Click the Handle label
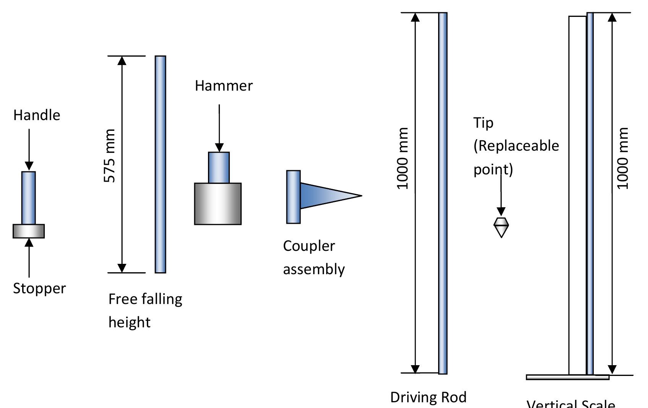pyautogui.click(x=37, y=115)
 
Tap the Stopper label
pyautogui.click(x=39, y=288)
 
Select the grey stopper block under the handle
pyautogui.click(x=29, y=231)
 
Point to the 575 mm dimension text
pyautogui.click(x=110, y=156)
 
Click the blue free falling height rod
pyautogui.click(x=161, y=164)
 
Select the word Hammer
pyautogui.click(x=224, y=86)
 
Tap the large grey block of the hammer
pyautogui.click(x=218, y=204)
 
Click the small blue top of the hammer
pyautogui.click(x=219, y=167)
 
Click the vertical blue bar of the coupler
pyautogui.click(x=293, y=197)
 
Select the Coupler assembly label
pyautogui.click(x=313, y=257)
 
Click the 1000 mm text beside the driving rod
pyautogui.click(x=403, y=158)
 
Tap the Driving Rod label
pyautogui.click(x=428, y=397)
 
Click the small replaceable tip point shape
pyautogui.click(x=501, y=227)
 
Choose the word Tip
pyautogui.click(x=483, y=123)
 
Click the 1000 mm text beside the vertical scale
pyautogui.click(x=623, y=158)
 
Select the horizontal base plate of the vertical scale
pyautogui.click(x=567, y=377)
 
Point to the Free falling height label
pyautogui.click(x=145, y=310)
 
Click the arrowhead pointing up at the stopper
pyautogui.click(x=29, y=242)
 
